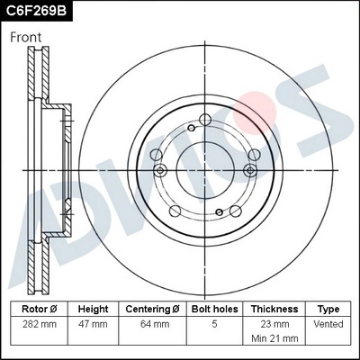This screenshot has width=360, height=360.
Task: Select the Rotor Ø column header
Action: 40,308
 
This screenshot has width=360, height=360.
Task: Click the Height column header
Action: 93,308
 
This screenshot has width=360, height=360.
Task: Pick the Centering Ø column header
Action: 152,308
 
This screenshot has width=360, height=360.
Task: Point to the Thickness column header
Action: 274,308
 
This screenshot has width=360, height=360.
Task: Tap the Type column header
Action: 328,308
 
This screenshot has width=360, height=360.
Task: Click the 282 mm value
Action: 40,324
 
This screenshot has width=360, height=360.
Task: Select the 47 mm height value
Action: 93,324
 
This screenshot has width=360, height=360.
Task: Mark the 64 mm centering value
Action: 152,324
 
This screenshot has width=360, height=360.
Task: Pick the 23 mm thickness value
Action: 274,324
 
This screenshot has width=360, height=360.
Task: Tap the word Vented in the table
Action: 328,324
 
